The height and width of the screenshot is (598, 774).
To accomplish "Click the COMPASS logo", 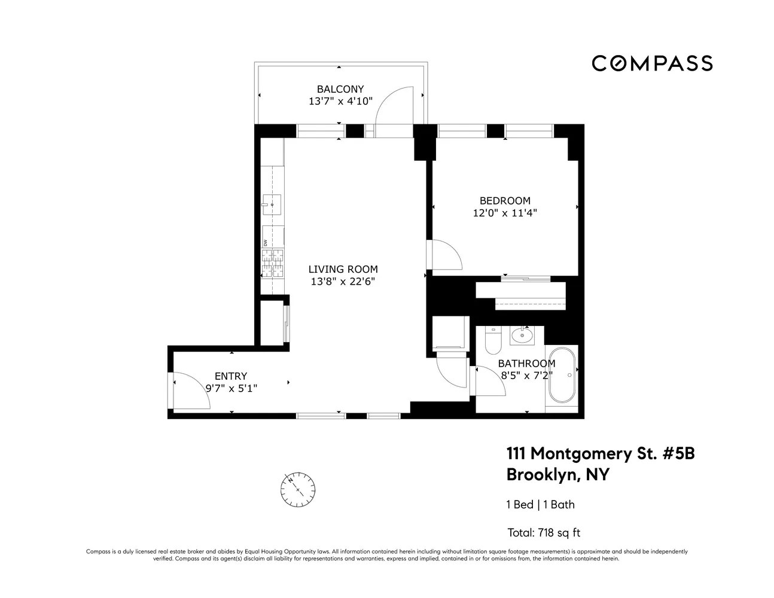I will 652,63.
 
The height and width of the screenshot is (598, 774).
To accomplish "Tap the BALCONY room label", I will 340,89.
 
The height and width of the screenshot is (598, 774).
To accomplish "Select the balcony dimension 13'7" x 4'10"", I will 340,102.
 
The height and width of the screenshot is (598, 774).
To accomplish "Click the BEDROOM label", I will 505,201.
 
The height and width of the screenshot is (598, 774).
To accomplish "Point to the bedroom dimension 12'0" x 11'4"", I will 505,213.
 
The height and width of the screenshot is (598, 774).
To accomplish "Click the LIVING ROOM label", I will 343,270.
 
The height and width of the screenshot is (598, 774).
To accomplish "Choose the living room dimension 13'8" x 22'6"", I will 343,282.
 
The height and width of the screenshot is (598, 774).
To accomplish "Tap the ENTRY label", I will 231,376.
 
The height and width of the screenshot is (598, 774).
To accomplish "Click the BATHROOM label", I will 526,364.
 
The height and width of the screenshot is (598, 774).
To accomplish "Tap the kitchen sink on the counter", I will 272,205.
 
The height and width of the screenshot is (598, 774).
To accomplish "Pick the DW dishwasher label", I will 265,243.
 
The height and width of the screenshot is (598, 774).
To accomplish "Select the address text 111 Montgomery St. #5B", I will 601,454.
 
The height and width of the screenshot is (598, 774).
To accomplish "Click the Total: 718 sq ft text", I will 544,532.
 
